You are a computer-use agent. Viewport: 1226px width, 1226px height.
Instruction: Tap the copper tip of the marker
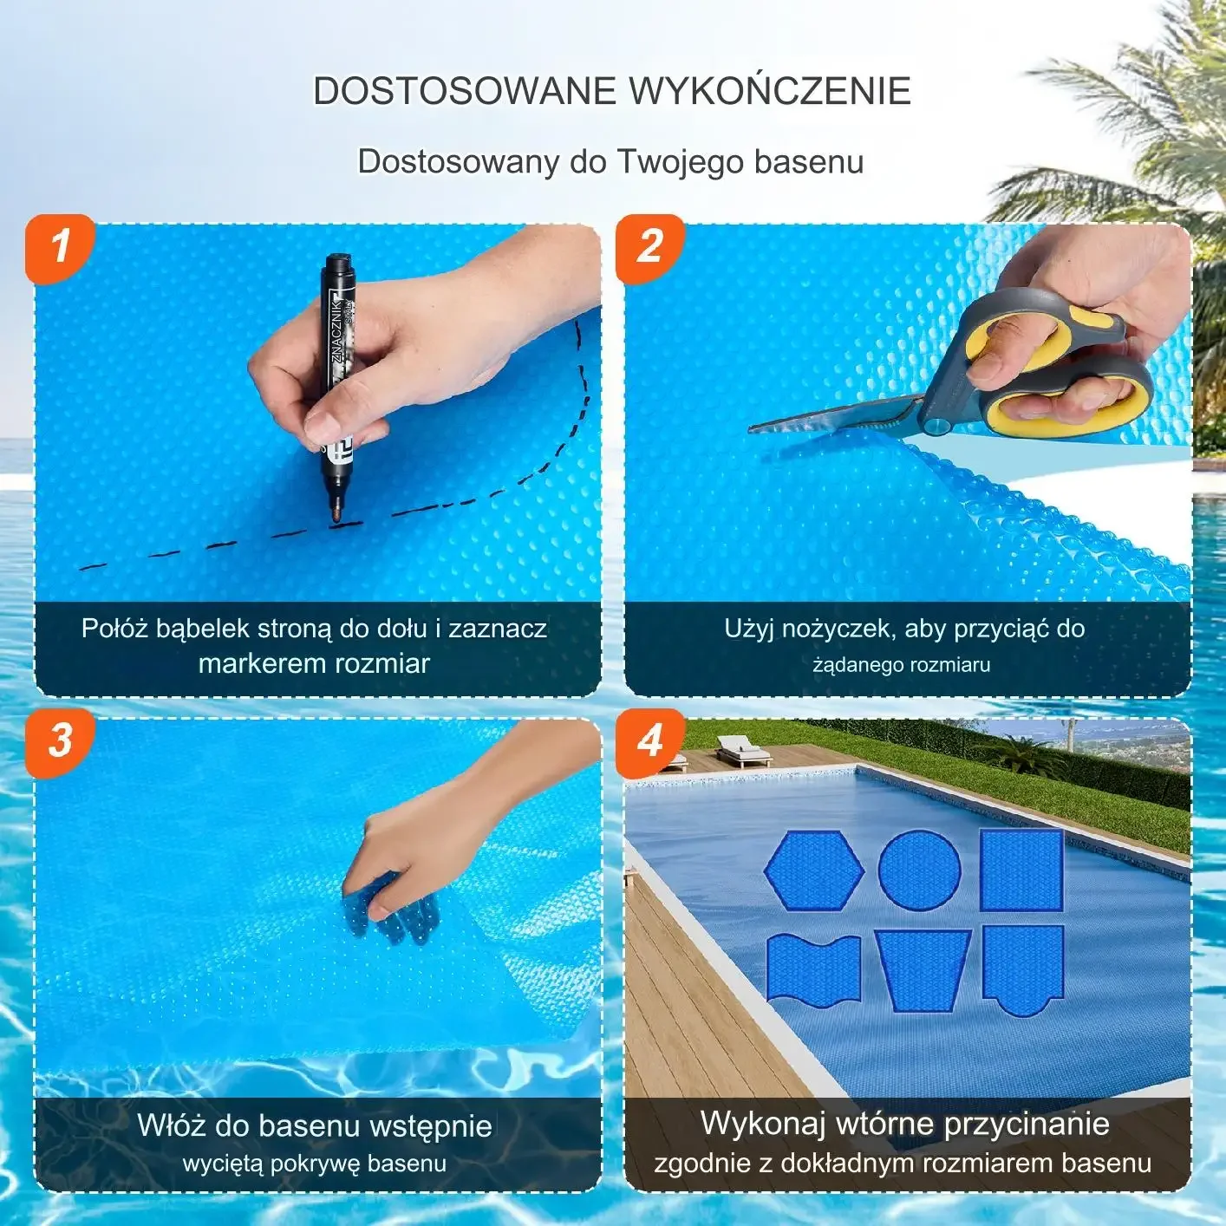(332, 515)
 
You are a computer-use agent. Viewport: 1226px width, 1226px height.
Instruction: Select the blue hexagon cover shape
(814, 870)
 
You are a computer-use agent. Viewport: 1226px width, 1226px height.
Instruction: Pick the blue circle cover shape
(920, 869)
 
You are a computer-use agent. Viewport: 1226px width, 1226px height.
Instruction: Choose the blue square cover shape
(1022, 870)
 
